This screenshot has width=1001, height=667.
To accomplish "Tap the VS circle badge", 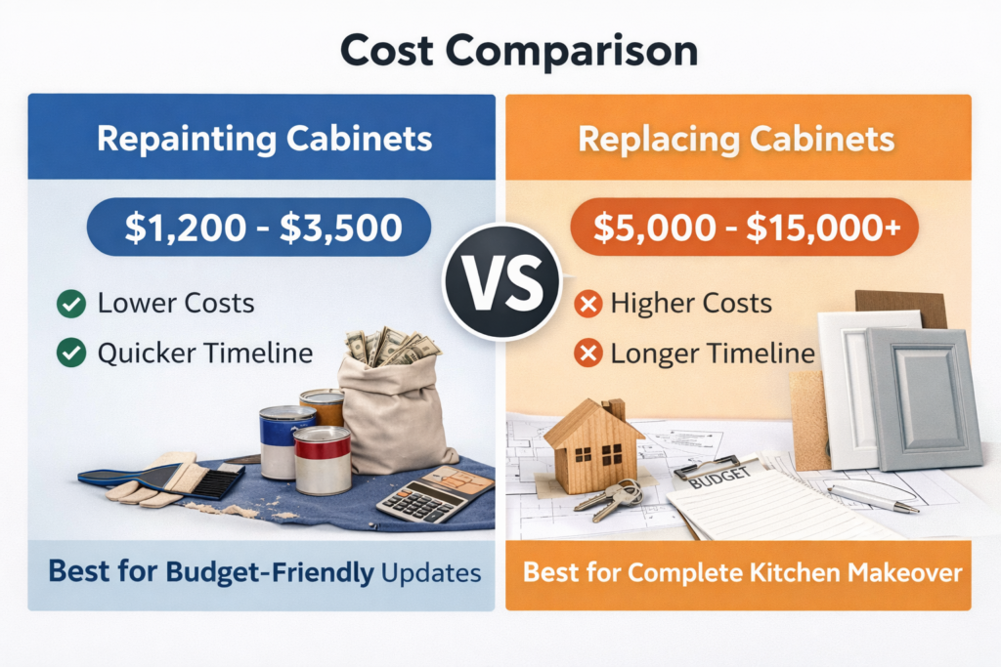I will click(501, 280).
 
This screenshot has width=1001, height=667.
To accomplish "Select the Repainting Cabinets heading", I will click(264, 138).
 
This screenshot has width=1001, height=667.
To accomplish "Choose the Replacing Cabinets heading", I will click(736, 138).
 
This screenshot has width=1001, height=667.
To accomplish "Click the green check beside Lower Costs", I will click(70, 304).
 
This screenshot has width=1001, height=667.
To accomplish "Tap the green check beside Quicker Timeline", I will click(70, 353).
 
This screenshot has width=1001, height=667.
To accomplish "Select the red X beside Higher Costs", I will click(588, 304).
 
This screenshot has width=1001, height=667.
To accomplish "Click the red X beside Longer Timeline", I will click(588, 353).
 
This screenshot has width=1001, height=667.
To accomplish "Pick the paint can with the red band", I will click(322, 460).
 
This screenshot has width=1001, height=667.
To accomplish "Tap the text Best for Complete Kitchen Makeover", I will click(742, 572).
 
